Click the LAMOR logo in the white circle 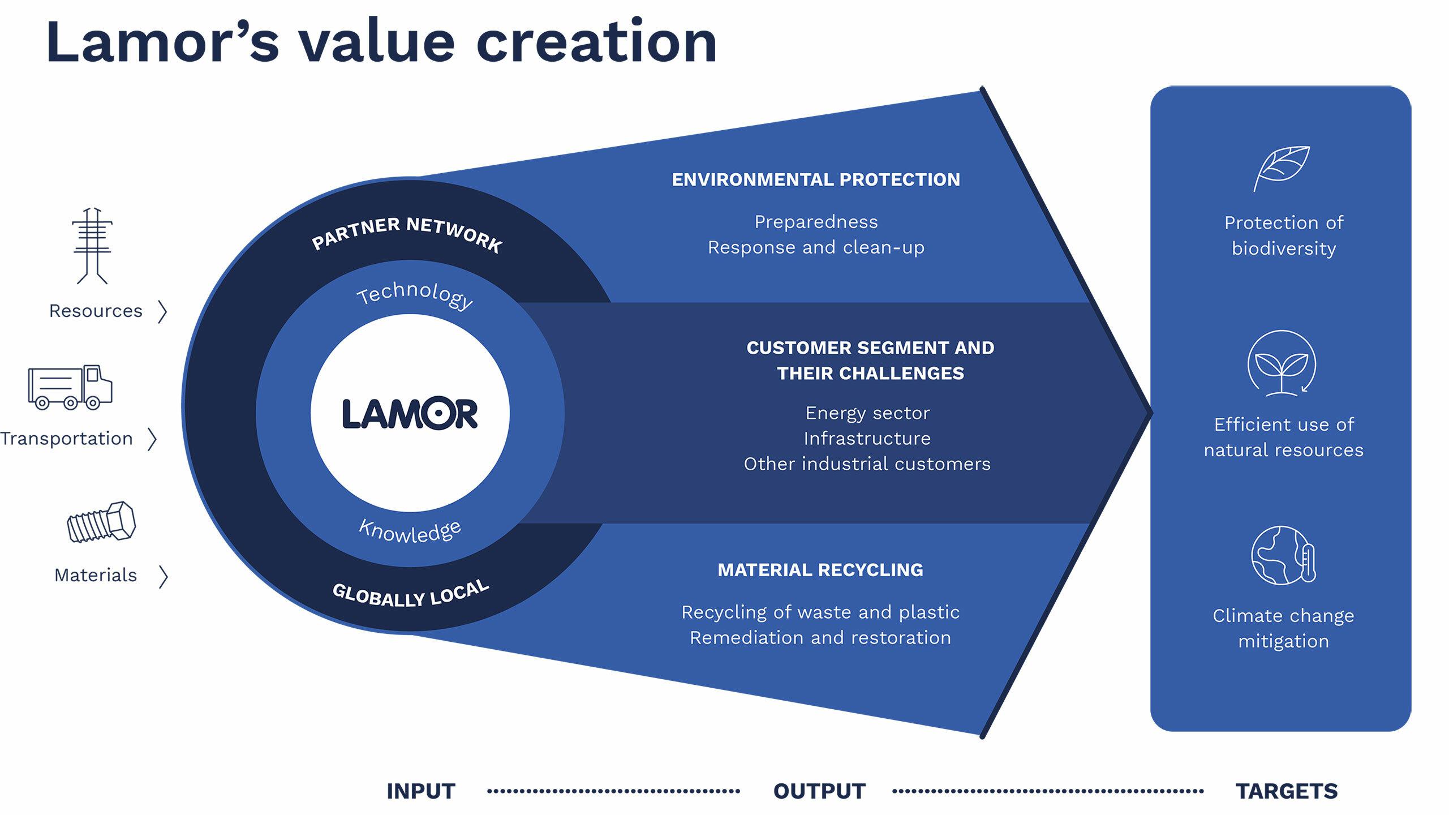coord(410,413)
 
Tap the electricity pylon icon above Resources coord(92,246)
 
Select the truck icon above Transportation coord(70,387)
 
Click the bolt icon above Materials coord(101,522)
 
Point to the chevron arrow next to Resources coord(163,311)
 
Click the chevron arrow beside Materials coord(164,576)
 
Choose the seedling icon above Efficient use coord(1282,363)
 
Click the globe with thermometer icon coord(1283,555)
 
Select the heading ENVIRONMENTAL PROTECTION coord(815,179)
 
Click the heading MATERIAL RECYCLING coord(820,569)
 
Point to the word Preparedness coord(816,222)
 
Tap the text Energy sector coord(867,413)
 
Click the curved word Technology coord(415,294)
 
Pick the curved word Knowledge coord(410,533)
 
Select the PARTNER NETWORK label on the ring coord(407,233)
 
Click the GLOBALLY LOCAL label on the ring coord(411,594)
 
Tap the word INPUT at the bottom coord(421,791)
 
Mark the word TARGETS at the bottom coord(1286,791)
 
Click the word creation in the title coord(596,42)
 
